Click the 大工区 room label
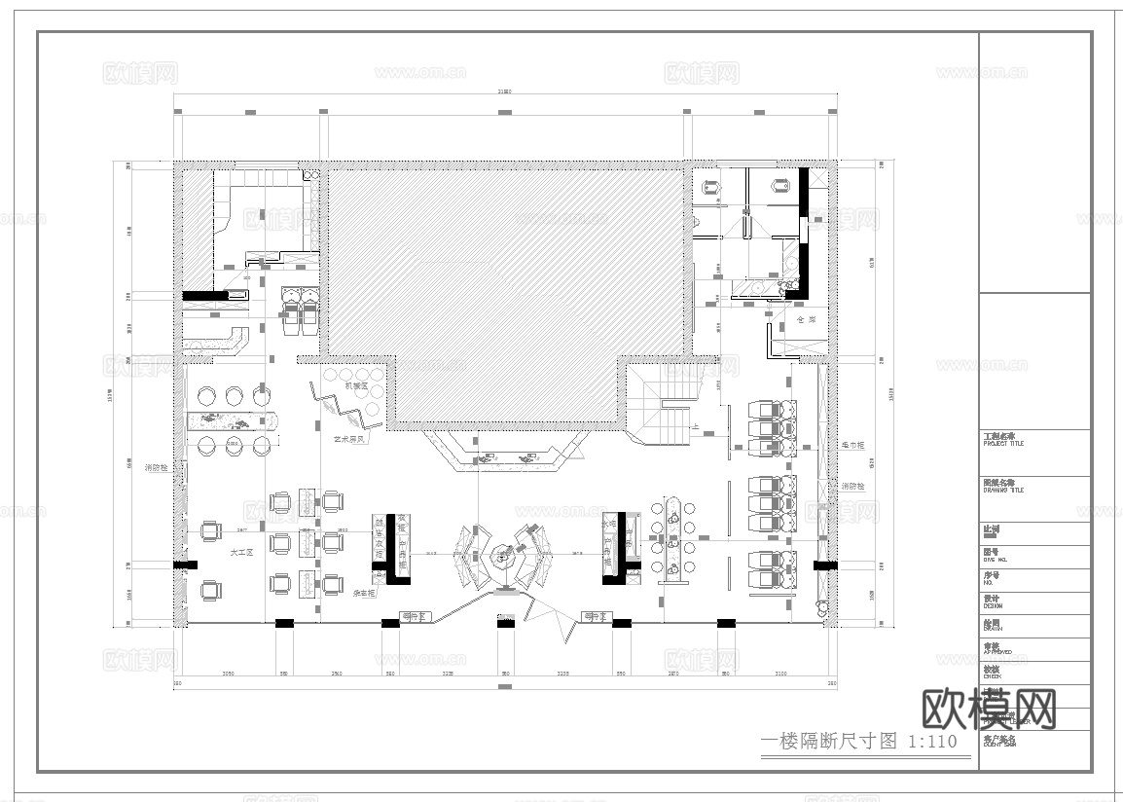pyautogui.click(x=240, y=552)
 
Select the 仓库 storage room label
pyautogui.click(x=805, y=319)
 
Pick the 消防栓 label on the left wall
pyautogui.click(x=157, y=467)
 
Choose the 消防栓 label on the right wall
pyautogui.click(x=852, y=486)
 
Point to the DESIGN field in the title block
pyautogui.click(x=997, y=602)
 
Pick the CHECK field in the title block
pyautogui.click(x=996, y=674)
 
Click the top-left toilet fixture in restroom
pyautogui.click(x=711, y=186)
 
